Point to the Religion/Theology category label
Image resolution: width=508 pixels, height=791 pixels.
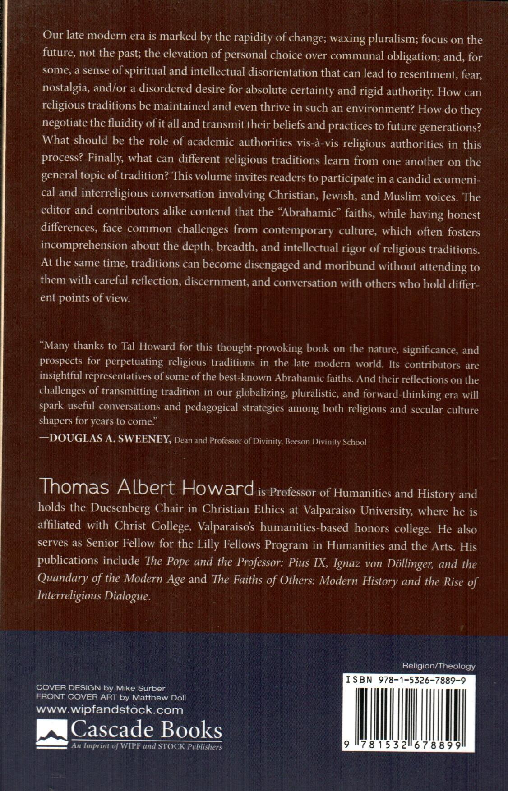[x=439, y=666]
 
